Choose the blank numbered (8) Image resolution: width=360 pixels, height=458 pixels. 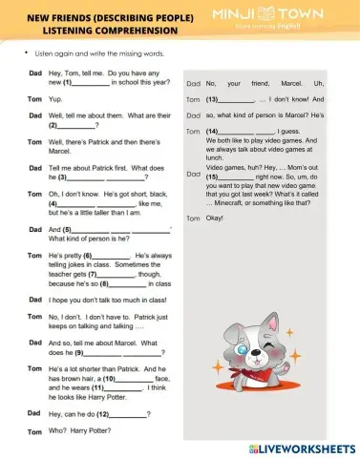(x=131, y=282)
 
